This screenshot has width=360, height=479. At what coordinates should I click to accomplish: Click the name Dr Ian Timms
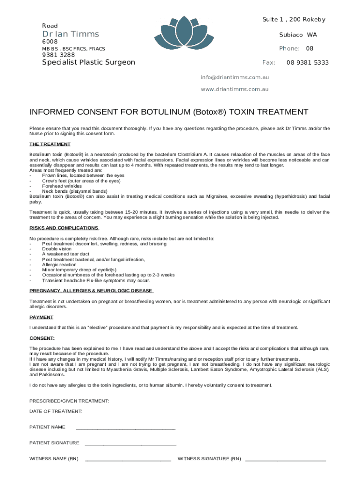71,34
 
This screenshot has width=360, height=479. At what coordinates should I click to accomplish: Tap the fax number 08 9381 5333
307,63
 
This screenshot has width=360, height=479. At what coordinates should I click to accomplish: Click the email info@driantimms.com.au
235,77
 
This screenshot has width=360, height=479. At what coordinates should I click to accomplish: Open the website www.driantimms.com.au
235,89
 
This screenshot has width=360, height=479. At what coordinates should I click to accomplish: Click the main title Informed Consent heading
169,112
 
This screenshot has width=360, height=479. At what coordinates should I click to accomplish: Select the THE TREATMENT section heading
50,144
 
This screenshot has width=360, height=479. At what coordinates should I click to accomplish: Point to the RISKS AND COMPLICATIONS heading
64,228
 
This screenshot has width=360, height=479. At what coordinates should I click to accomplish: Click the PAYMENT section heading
41,317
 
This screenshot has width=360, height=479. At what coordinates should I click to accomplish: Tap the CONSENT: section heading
42,338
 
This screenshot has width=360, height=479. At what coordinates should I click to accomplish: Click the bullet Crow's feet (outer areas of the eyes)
81,181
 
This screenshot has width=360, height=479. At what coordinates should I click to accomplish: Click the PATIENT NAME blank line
125,428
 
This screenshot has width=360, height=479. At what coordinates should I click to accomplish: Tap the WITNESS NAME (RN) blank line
128,459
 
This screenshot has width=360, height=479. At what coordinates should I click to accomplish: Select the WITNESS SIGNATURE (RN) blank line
285,459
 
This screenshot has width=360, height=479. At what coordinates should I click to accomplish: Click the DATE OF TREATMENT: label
56,411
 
